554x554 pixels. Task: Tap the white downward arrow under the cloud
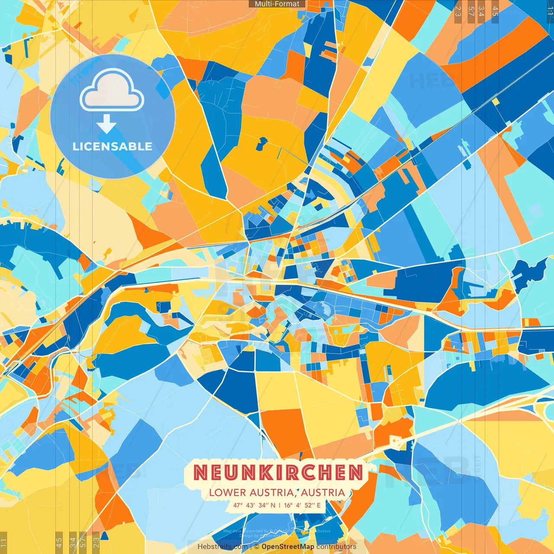pyautogui.click(x=106, y=124)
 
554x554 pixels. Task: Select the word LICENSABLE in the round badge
pyautogui.click(x=113, y=146)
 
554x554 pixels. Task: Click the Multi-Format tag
pyautogui.click(x=277, y=4)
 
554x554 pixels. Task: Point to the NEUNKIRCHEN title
pyautogui.click(x=278, y=472)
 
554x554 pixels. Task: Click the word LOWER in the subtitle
pyautogui.click(x=227, y=493)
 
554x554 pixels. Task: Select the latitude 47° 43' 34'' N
pyautogui.click(x=254, y=505)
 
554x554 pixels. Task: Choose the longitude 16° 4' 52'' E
pyautogui.click(x=302, y=505)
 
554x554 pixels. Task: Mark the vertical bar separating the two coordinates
pyautogui.click(x=280, y=505)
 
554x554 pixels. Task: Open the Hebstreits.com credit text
pyautogui.click(x=222, y=547)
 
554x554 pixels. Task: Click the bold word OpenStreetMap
pyautogui.click(x=288, y=547)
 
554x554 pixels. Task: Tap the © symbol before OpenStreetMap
pyautogui.click(x=257, y=547)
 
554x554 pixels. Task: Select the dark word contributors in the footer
pyautogui.click(x=336, y=547)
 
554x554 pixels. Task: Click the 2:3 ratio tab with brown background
pyautogui.click(x=458, y=11)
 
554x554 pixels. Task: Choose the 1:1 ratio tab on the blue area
pyautogui.click(x=550, y=11)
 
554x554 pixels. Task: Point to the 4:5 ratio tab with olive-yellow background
pyautogui.click(x=59, y=542)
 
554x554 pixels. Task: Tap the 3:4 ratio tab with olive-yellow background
pyautogui.click(x=73, y=542)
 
